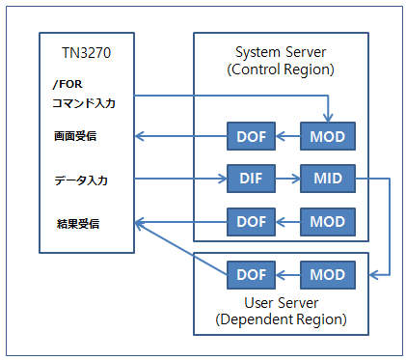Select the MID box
pyautogui.click(x=327, y=179)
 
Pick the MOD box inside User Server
pyautogui.click(x=327, y=275)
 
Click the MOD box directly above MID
pyautogui.click(x=327, y=136)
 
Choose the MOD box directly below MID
pyautogui.click(x=327, y=221)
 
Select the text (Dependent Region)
pyautogui.click(x=282, y=318)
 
